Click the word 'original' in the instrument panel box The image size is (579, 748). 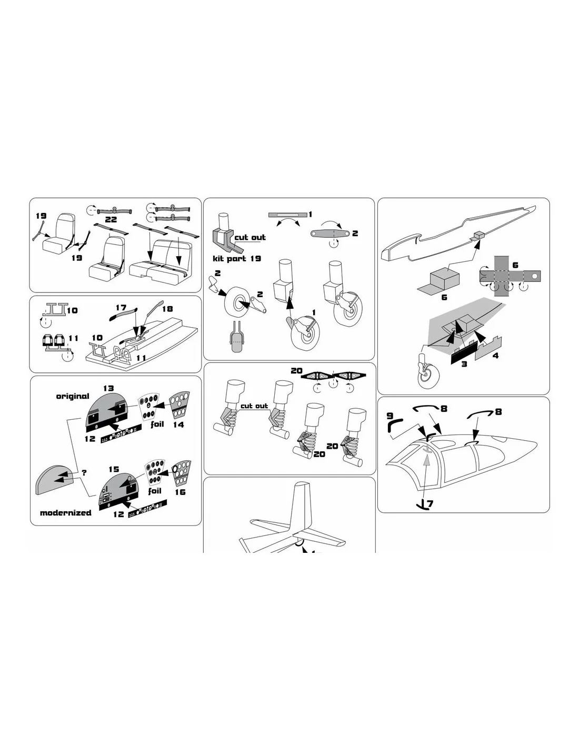click(x=73, y=396)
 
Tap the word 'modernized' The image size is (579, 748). click(x=65, y=512)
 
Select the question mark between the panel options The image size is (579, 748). click(x=84, y=472)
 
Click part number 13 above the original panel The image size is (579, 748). click(x=108, y=388)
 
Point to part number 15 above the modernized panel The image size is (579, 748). click(x=114, y=469)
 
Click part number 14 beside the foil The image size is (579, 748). click(x=178, y=424)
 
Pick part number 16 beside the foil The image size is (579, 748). click(x=180, y=492)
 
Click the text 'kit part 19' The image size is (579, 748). click(x=237, y=258)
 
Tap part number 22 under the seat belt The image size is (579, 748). click(x=111, y=219)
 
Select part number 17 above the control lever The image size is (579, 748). click(x=121, y=307)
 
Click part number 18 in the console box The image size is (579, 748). click(x=167, y=308)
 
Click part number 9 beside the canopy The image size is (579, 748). click(x=390, y=416)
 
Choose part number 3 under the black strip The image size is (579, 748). click(x=464, y=364)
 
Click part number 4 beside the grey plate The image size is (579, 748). click(x=496, y=356)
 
